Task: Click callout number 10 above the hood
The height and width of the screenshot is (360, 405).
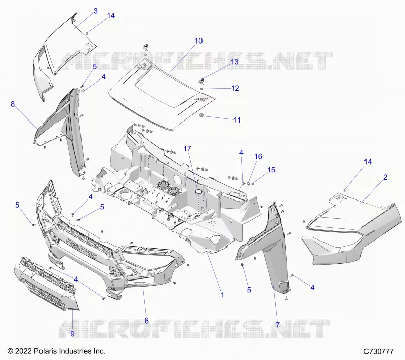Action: (198, 41)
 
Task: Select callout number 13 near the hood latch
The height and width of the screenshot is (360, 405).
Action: (235, 62)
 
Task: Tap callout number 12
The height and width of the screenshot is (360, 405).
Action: (235, 88)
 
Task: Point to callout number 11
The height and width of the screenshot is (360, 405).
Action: (237, 120)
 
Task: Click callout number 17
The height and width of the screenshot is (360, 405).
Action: (187, 149)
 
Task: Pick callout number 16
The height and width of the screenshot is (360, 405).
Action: (258, 157)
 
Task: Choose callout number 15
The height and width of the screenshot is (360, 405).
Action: (271, 170)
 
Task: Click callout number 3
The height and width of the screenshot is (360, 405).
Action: (96, 11)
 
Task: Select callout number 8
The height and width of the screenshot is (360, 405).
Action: (13, 104)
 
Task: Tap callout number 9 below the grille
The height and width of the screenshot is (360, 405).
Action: (72, 334)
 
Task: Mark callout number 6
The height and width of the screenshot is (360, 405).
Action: (147, 321)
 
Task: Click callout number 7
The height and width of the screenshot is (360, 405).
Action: (278, 325)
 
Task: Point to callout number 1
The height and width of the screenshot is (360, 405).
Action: (222, 295)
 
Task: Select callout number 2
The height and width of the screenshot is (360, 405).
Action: (385, 177)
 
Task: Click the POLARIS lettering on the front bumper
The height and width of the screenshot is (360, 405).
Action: (82, 248)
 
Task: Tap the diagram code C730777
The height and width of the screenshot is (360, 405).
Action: (379, 351)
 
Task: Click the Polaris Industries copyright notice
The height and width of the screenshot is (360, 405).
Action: (57, 351)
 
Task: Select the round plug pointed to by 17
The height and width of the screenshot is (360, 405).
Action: (199, 191)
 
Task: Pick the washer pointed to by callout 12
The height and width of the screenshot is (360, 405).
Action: (201, 89)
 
